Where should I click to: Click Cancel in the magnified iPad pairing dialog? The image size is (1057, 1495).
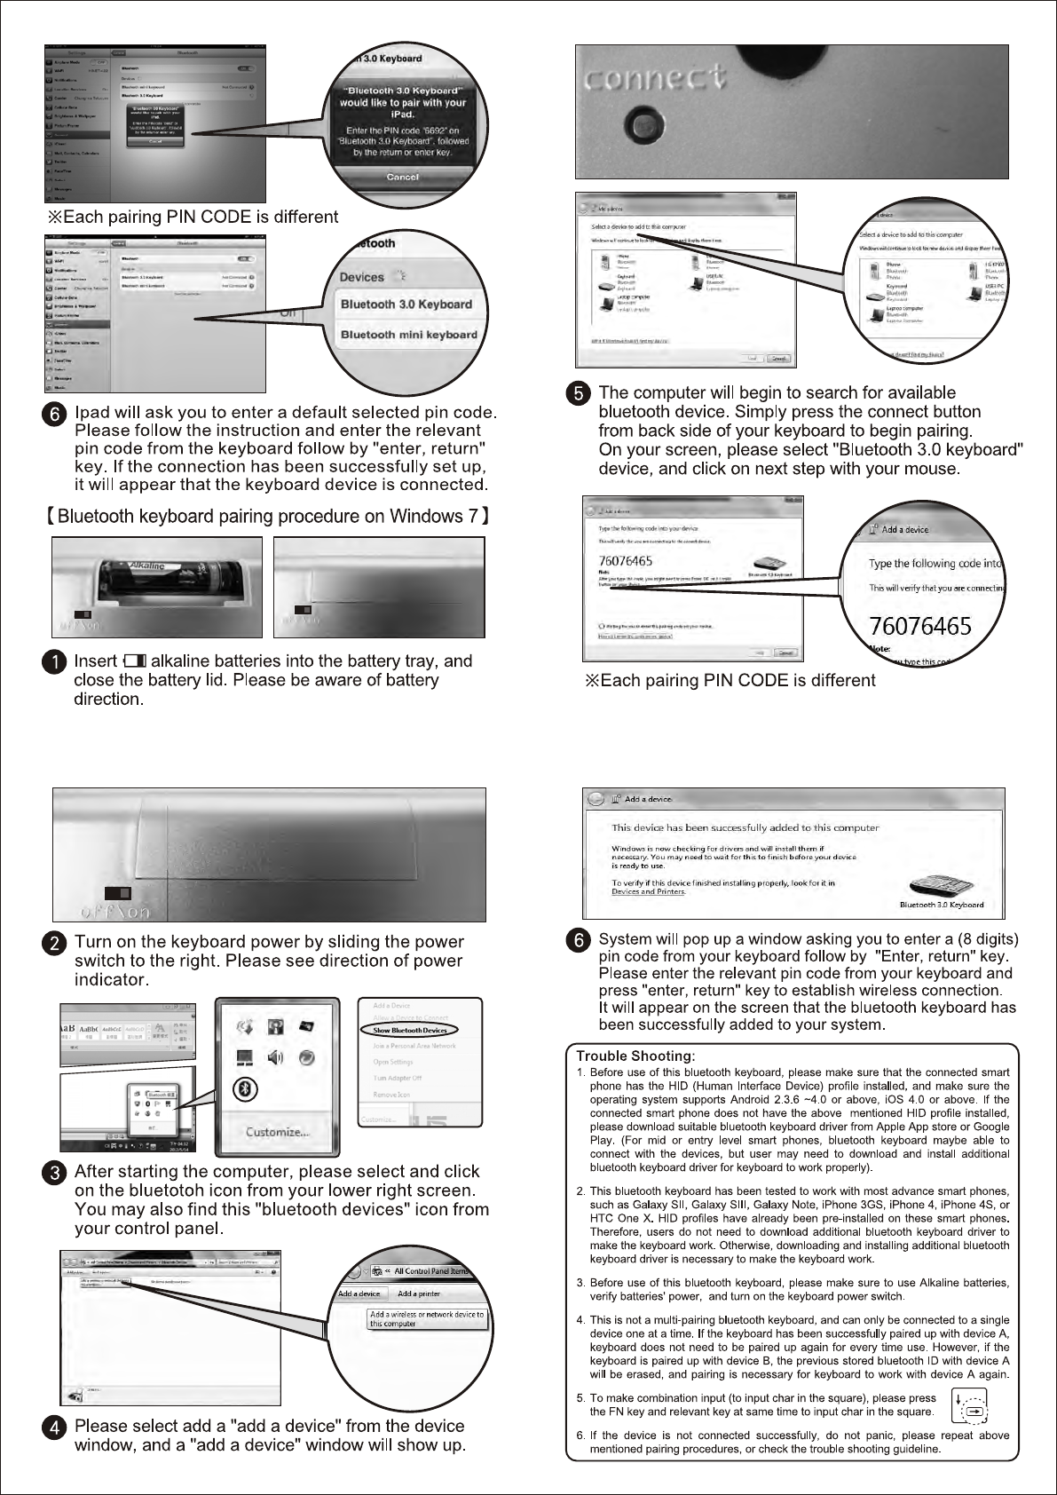point(402,177)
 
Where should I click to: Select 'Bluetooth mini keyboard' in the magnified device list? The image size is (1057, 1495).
point(408,335)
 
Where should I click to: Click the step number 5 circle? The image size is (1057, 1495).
point(578,393)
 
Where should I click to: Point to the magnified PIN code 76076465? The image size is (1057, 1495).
point(919,626)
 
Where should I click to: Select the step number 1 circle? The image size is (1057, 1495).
point(56,662)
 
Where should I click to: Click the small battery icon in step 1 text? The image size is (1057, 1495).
point(136,661)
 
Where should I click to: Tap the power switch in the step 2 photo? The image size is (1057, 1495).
point(118,892)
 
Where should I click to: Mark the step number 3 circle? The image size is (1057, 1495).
point(56,1172)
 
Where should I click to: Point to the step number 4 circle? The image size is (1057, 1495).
point(56,1428)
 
